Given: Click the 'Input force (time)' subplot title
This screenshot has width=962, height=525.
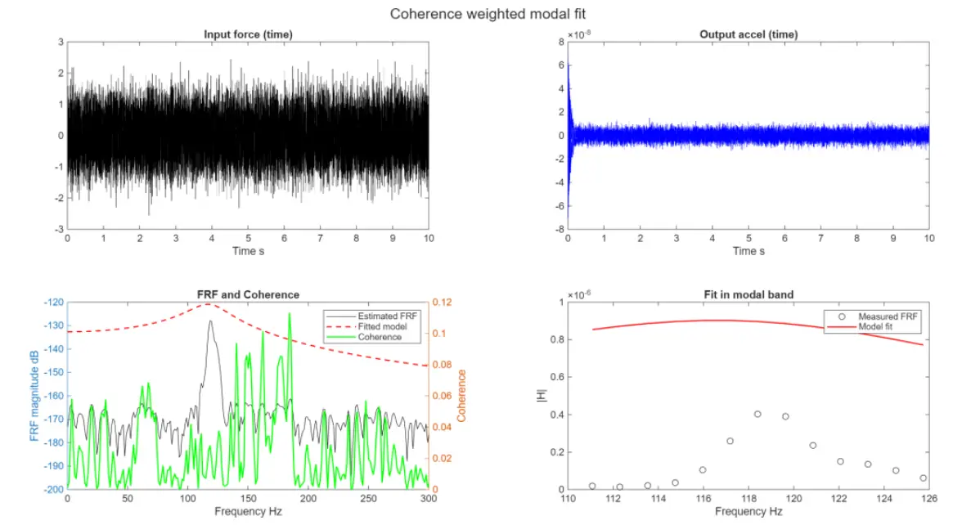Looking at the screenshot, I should click(x=248, y=34).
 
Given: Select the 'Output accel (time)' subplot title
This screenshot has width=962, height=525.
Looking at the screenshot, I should click(x=748, y=34).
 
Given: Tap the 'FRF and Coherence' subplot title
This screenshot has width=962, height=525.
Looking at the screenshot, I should click(x=248, y=294).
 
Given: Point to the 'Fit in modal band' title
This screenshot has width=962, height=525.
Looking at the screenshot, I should click(x=748, y=294).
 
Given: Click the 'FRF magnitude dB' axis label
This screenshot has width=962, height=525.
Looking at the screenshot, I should click(x=34, y=396).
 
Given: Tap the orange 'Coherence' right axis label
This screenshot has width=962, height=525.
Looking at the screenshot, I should click(x=461, y=396).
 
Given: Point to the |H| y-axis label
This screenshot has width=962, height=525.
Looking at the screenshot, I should click(x=537, y=396).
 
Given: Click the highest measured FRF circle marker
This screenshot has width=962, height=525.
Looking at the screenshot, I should click(x=757, y=414).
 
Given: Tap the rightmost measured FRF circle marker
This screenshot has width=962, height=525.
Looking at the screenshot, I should click(x=924, y=478).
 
